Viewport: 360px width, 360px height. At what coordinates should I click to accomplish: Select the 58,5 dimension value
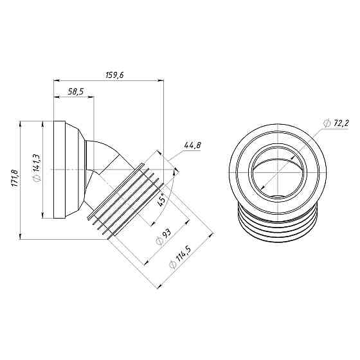(x=75, y=92)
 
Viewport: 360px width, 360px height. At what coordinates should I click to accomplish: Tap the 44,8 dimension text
(x=192, y=146)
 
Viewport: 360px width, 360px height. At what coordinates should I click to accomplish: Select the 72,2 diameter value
(x=340, y=122)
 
